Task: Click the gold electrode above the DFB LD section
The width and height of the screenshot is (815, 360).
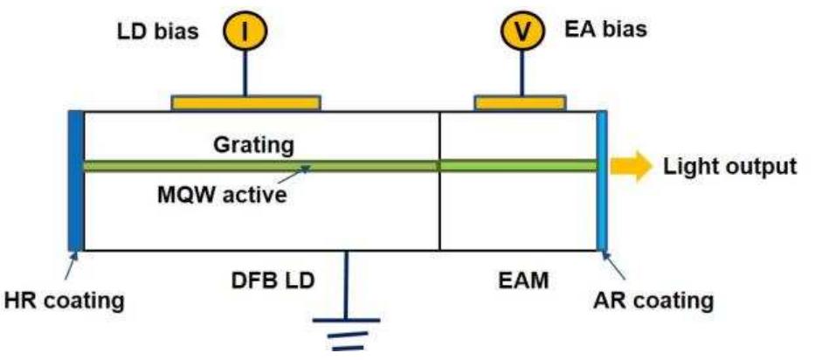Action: (x=245, y=102)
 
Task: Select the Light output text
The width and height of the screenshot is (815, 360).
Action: (x=730, y=166)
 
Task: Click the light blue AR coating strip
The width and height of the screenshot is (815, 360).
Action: (x=602, y=180)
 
